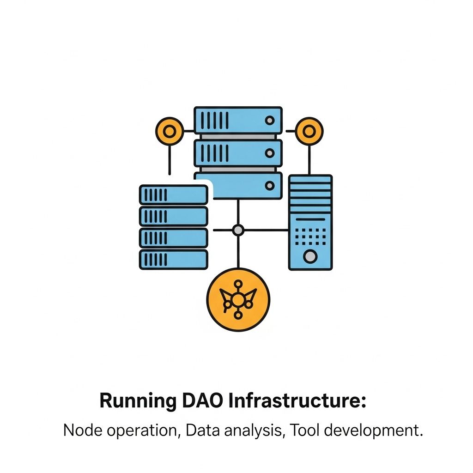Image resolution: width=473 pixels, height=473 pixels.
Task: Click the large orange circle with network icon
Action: click(237, 300)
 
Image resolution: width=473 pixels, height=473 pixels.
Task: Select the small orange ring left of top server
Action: click(170, 131)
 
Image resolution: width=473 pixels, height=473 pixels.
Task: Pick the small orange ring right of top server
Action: click(309, 131)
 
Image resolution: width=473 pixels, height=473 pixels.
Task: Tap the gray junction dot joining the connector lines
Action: click(237, 230)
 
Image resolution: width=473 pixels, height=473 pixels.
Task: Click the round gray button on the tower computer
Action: click(310, 255)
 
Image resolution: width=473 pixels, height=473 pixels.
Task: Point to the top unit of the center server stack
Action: click(237, 121)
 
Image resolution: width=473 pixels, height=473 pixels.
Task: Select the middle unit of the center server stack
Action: click(237, 153)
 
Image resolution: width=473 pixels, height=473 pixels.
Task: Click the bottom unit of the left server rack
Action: click(173, 259)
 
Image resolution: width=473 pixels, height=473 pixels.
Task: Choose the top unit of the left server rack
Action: click(173, 195)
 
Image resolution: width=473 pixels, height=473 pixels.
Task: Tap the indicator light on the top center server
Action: click(269, 121)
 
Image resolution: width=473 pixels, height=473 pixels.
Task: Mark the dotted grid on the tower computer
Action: click(310, 236)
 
